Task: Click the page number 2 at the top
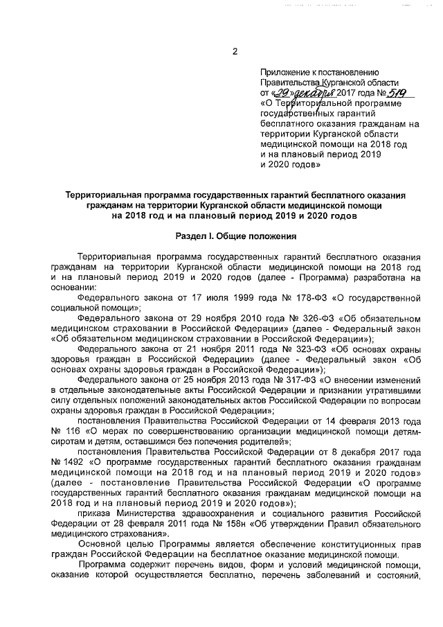pos(235,52)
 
